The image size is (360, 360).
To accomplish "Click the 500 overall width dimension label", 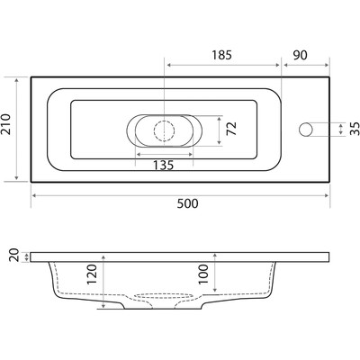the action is (187, 203).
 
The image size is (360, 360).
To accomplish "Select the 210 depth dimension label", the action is (7, 124).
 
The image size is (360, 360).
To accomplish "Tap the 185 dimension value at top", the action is (222, 55).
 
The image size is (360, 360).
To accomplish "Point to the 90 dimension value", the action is (300, 55).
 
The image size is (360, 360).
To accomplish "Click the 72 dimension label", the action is (232, 129).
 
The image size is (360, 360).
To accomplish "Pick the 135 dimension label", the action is (164, 165).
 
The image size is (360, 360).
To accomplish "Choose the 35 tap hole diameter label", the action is (355, 129).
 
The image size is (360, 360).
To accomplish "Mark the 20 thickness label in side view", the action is (14, 256).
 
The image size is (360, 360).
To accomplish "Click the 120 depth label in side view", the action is (92, 274).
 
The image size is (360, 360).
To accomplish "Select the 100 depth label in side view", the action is (203, 274).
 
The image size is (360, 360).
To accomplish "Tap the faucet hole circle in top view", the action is (306, 130).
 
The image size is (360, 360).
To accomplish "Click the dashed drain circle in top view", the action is (164, 130).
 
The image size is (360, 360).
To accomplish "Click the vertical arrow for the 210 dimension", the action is (17, 130).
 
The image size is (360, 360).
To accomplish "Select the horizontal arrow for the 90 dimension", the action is (306, 65).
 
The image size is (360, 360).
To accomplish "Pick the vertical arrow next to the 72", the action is (220, 130).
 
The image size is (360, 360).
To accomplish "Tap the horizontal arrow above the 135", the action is (165, 154).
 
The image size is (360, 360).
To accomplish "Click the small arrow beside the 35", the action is (340, 130).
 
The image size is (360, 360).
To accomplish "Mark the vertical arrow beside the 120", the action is (103, 282).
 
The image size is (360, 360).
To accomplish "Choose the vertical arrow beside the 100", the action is (215, 273).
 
